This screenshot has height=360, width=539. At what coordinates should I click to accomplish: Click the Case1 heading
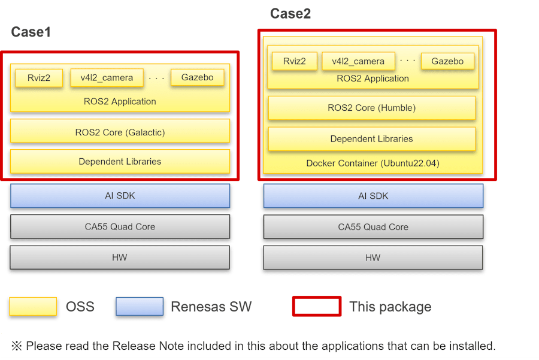(x=31, y=32)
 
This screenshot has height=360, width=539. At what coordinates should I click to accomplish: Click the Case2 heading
(x=290, y=14)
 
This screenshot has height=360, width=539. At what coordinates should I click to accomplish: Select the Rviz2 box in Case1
(x=39, y=78)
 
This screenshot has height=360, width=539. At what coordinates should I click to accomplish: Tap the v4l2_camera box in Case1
(x=107, y=78)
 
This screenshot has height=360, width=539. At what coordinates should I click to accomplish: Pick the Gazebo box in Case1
(x=197, y=77)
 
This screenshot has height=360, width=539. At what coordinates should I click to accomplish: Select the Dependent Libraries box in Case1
(x=120, y=161)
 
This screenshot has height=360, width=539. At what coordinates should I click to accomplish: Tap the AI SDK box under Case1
(x=120, y=196)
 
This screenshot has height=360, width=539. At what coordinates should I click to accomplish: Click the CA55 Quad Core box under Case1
(x=120, y=226)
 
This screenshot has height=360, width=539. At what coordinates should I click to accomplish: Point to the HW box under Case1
(x=120, y=257)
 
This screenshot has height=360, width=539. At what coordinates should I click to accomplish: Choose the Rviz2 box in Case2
(x=294, y=61)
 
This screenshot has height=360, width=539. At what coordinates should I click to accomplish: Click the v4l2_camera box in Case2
(x=358, y=61)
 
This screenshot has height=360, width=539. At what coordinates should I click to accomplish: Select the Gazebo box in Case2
(x=447, y=61)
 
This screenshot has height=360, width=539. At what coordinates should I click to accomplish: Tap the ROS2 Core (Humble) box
(x=371, y=108)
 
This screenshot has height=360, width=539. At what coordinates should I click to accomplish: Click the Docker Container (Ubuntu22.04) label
(x=373, y=163)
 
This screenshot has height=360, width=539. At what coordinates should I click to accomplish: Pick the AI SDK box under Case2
(x=373, y=196)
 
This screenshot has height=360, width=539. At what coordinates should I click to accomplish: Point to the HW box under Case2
(x=373, y=258)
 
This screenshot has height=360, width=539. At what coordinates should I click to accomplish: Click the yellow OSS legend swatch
(x=33, y=306)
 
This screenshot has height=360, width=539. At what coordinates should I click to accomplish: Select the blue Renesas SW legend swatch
(x=140, y=306)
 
